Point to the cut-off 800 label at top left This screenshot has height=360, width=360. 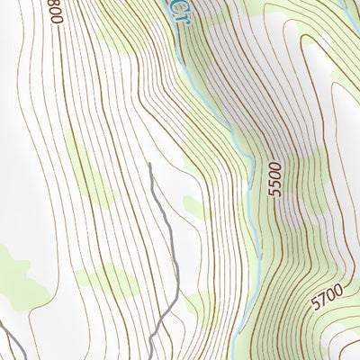coord(58,12)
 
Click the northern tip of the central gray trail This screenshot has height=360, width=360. coord(149,165)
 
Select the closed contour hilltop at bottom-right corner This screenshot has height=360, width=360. coord(346,346)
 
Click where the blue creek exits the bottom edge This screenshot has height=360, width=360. coord(233,356)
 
